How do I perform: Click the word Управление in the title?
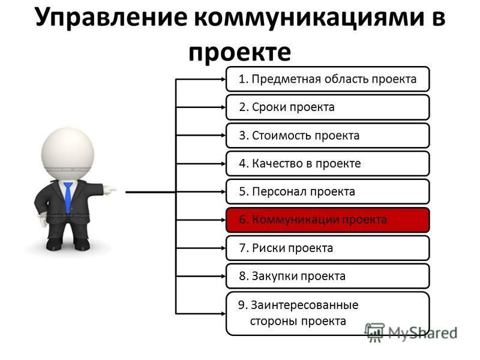click(111, 17)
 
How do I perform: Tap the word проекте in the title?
click(239, 52)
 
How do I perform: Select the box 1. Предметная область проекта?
click(328, 79)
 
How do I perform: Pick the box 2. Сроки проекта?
click(328, 107)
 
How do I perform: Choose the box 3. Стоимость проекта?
click(328, 136)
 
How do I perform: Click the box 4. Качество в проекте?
click(328, 163)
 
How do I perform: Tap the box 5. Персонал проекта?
click(328, 191)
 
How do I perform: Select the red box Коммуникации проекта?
click(328, 220)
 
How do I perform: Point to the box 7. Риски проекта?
click(328, 248)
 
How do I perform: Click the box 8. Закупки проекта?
click(328, 276)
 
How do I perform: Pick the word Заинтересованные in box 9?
click(305, 305)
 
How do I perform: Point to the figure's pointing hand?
click(110, 190)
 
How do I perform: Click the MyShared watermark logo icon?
click(374, 332)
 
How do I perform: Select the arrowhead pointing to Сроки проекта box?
click(223, 107)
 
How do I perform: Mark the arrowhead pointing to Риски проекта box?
click(223, 248)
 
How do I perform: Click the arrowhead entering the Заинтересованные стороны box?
click(223, 313)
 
